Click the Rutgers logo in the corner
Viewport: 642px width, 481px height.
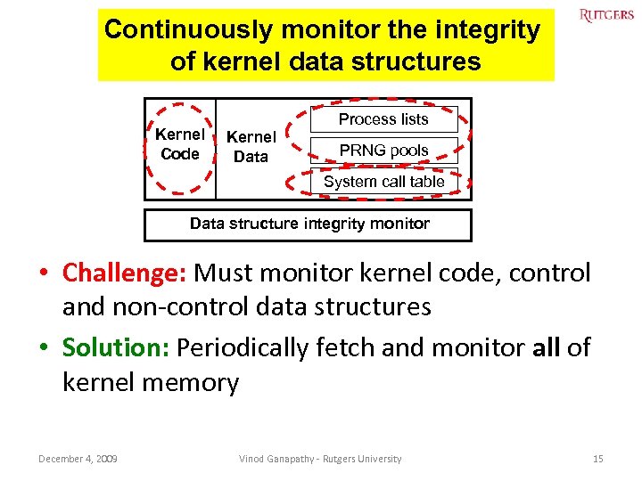(x=606, y=15)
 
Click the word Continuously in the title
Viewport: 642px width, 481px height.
(x=187, y=30)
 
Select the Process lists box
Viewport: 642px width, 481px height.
(x=383, y=119)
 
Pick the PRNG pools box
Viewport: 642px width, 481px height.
(x=383, y=151)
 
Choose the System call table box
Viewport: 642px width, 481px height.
(x=383, y=182)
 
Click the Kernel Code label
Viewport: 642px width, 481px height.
(x=180, y=144)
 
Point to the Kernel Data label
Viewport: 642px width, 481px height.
(x=251, y=147)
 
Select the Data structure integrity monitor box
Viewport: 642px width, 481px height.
(x=309, y=224)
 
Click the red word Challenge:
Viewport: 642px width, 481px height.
(x=124, y=273)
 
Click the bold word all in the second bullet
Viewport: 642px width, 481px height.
(x=546, y=347)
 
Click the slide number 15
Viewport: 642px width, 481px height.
(x=598, y=459)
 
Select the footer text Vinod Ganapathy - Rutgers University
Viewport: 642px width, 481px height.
(x=320, y=459)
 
